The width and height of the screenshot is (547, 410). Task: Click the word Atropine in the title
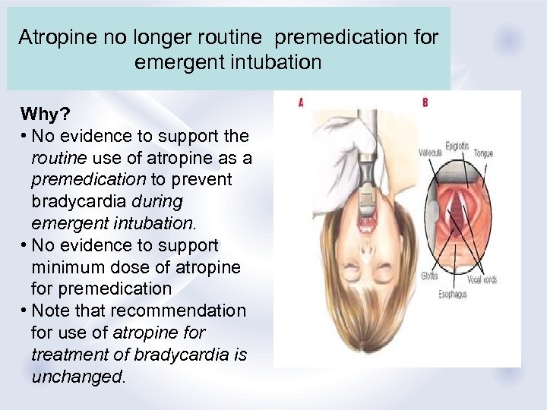point(53,37)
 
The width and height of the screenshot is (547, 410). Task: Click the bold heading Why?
point(45,115)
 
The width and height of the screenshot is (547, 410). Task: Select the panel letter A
point(301,102)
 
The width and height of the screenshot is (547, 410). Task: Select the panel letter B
point(425,102)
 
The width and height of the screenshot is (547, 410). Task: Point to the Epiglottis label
point(457,146)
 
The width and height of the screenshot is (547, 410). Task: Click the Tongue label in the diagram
point(483,153)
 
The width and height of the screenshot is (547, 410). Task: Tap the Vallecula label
point(432,153)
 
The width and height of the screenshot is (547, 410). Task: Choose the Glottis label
point(430,276)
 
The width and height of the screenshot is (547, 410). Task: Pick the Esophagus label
point(454,294)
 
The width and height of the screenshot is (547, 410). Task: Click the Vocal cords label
point(481,279)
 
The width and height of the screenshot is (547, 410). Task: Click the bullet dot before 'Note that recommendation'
point(25,311)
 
